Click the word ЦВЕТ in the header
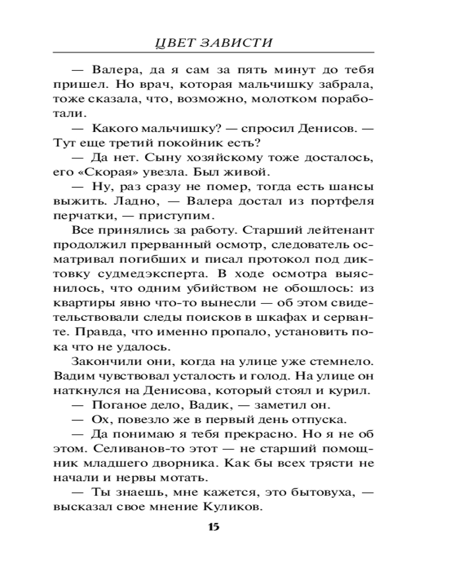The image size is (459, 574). click(175, 44)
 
